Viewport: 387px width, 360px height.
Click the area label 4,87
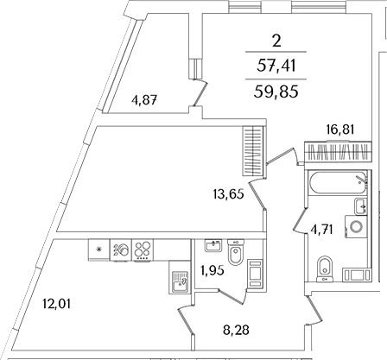tap(144, 101)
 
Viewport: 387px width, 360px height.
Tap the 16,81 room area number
tap(340, 129)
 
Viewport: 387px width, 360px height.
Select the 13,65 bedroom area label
tap(229, 195)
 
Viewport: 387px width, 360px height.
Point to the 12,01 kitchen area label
tap(56, 304)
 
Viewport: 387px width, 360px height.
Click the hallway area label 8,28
tap(236, 330)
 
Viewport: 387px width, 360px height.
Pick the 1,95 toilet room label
tap(213, 270)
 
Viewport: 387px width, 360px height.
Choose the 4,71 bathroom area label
tap(322, 230)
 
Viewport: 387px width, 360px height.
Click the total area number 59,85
tap(276, 92)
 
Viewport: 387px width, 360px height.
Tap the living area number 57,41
tap(276, 66)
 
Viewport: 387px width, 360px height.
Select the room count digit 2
tap(276, 41)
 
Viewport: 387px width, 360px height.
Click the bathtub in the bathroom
tap(337, 183)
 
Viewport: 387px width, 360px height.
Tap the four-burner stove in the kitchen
tap(143, 250)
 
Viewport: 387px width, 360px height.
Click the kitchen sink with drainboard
tap(179, 282)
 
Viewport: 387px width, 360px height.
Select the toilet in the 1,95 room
tap(236, 252)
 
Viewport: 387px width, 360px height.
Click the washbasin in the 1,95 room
tap(213, 246)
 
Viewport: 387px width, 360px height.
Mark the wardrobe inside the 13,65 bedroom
tap(253, 151)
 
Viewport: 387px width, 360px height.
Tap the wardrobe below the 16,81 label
tap(338, 152)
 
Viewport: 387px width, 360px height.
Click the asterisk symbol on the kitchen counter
tap(99, 249)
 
